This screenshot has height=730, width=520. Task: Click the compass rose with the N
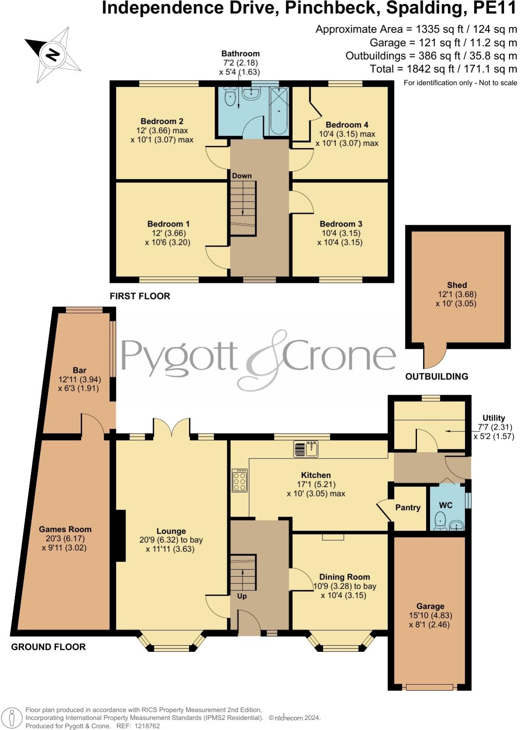pyautogui.click(x=53, y=55)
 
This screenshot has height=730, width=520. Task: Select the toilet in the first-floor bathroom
pyautogui.click(x=230, y=96)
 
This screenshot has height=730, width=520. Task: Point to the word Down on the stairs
pyautogui.click(x=242, y=176)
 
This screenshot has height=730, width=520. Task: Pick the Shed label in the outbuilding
pyautogui.click(x=457, y=285)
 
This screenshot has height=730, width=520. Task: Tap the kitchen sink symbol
pyautogui.click(x=306, y=449)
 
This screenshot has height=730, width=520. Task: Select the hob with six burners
pyautogui.click(x=240, y=480)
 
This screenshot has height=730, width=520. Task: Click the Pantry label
pyautogui.click(x=408, y=507)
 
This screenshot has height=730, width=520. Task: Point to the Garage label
pyautogui.click(x=430, y=606)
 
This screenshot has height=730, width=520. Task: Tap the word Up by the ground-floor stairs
pyautogui.click(x=242, y=596)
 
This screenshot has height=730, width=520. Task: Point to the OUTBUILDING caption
pyautogui.click(x=437, y=376)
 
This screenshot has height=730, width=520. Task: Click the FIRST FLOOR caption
pyautogui.click(x=140, y=296)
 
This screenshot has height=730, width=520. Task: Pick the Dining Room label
pyautogui.click(x=344, y=577)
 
